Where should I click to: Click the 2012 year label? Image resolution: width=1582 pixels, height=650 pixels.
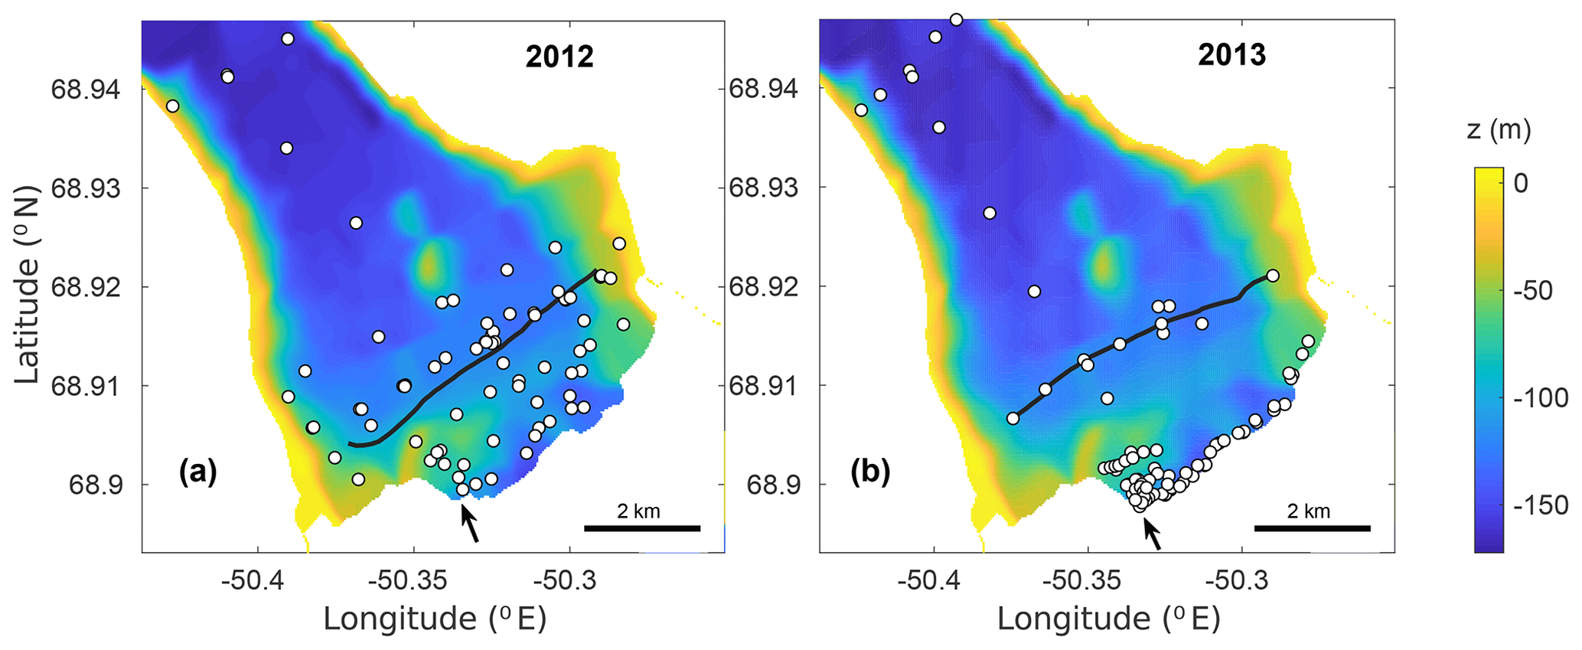[x=559, y=57]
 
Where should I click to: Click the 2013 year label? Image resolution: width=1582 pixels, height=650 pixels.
[x=1231, y=55]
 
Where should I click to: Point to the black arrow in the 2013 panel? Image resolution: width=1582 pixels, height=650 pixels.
[x=1152, y=533]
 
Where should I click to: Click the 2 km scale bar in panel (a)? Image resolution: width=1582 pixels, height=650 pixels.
[x=641, y=528]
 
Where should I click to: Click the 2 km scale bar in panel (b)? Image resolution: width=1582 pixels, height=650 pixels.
[x=1312, y=528]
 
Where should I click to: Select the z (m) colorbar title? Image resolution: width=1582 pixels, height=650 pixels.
[x=1499, y=130]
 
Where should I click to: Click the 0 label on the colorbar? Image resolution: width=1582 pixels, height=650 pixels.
[x=1520, y=183]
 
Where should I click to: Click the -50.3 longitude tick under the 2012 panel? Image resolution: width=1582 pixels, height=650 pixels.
[x=569, y=580]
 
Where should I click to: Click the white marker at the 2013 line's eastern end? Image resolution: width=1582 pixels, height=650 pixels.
[x=1272, y=276]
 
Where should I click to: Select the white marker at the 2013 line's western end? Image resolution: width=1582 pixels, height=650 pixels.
[x=1013, y=418]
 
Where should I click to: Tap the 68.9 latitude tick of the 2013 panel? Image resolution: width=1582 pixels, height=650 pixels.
[x=771, y=485]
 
